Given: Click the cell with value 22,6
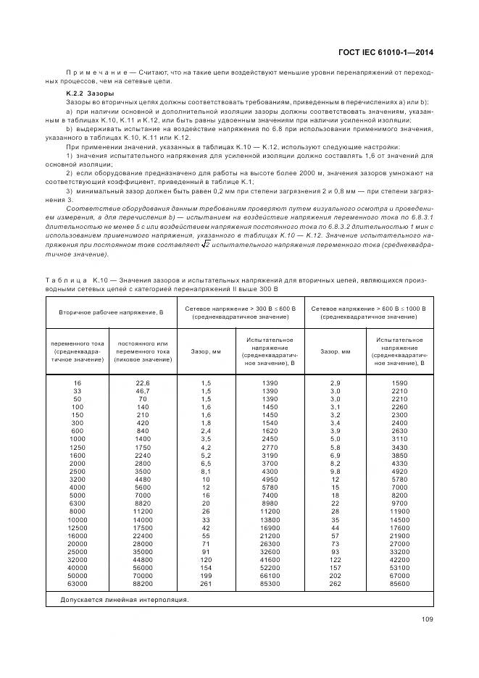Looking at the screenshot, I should (142, 382).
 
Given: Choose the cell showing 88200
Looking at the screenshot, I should (142, 583).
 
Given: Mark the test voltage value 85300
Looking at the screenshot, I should (269, 583).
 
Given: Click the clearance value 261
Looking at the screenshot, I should (206, 583).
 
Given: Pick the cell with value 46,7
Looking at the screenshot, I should (142, 390).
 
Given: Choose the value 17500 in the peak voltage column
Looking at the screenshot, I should (142, 527).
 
